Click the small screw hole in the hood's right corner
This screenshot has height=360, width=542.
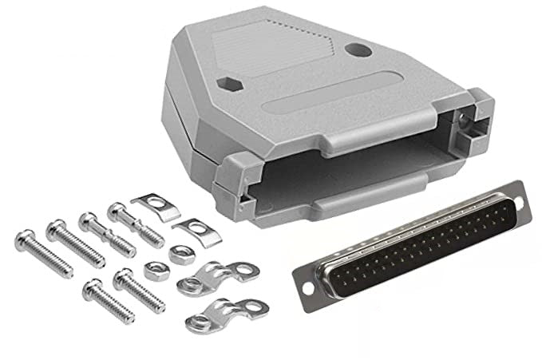coord(462,121)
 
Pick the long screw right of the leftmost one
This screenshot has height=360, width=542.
coord(76,243)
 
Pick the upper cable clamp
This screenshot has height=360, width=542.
coord(212,275)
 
